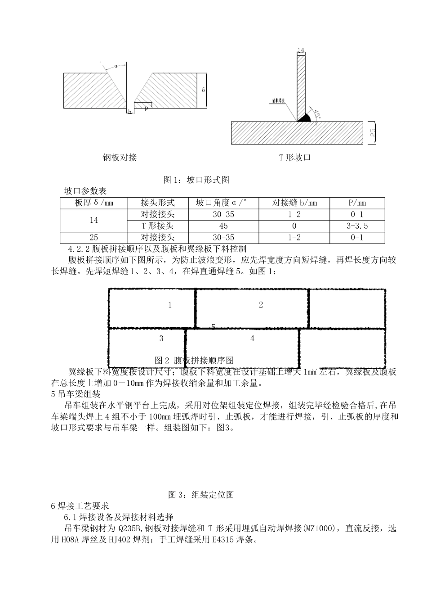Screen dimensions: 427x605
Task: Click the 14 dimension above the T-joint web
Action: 301,50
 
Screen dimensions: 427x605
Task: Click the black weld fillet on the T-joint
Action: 304,117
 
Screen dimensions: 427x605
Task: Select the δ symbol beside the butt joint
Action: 203,90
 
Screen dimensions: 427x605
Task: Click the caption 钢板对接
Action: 120,158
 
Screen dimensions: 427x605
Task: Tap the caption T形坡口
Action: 295,158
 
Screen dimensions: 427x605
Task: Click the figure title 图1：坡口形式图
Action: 196,180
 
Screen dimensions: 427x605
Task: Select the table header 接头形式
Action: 157,203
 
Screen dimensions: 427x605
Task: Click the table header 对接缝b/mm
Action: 294,203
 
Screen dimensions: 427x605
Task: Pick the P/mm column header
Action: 357,203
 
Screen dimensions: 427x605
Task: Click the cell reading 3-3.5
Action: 357,226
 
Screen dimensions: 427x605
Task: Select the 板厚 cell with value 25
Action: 93,238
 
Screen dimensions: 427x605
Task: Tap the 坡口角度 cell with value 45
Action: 223,226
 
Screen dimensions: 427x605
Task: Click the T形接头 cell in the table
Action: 157,226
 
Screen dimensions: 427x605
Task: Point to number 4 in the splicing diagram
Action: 252,339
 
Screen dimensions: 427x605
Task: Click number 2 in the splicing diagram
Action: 261,305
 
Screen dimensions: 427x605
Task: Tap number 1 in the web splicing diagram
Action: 170,305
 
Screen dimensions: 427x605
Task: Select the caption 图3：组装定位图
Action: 201,495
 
